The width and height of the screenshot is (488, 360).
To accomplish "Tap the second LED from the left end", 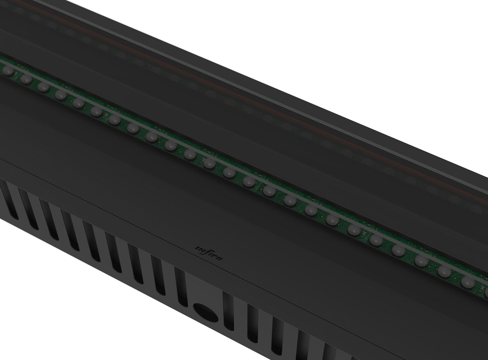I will (25, 79).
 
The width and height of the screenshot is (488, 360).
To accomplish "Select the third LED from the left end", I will (43, 87).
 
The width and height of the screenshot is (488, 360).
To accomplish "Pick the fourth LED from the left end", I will (61, 95).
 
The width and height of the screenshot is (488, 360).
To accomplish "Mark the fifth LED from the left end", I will (78, 103).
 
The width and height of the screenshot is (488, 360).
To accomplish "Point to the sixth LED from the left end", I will (96, 111).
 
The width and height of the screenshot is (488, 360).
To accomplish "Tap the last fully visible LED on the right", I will (466, 281).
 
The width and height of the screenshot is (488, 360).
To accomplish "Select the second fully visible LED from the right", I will (443, 270).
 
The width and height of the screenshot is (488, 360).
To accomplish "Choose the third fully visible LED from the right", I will (421, 259).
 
